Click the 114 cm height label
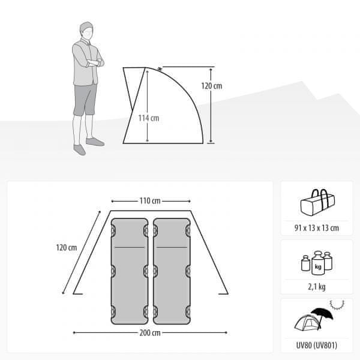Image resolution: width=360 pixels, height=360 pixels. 149,118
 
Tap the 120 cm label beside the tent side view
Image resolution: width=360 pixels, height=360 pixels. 212,86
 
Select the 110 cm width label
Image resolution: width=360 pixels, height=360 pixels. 150,201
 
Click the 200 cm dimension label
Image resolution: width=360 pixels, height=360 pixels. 150,332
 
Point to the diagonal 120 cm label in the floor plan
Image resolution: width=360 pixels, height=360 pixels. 67,247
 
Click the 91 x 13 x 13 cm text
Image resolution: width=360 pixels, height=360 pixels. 317,228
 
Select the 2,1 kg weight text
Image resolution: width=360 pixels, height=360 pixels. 317,287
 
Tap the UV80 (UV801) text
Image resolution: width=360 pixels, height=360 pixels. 317,346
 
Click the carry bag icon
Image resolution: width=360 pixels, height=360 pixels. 317,203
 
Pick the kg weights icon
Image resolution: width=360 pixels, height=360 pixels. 317,263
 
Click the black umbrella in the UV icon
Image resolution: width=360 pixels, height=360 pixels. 322,314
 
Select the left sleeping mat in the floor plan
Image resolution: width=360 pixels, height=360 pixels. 130,271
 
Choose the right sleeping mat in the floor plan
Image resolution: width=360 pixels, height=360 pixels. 172,271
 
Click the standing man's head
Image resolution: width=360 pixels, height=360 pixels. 86,31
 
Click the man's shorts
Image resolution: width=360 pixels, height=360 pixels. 85,99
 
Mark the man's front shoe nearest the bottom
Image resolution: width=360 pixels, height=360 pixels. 79,149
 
